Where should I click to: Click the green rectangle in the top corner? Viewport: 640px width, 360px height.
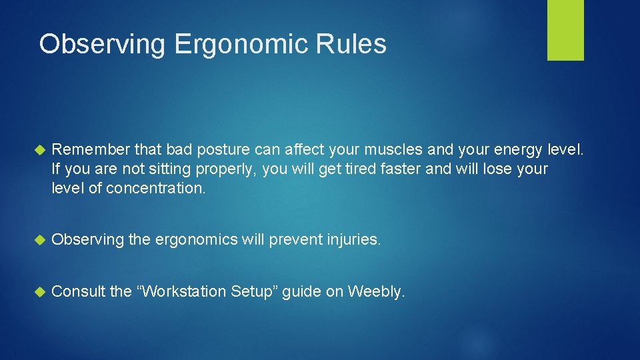(565, 30)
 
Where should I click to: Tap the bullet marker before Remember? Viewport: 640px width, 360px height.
(39, 150)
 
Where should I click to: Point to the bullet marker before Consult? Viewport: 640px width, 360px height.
(39, 291)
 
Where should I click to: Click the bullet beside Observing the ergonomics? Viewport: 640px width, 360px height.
(39, 240)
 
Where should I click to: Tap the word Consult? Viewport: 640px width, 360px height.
(78, 291)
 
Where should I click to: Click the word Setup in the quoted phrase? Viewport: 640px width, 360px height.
(253, 291)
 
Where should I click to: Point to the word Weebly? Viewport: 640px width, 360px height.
(376, 291)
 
